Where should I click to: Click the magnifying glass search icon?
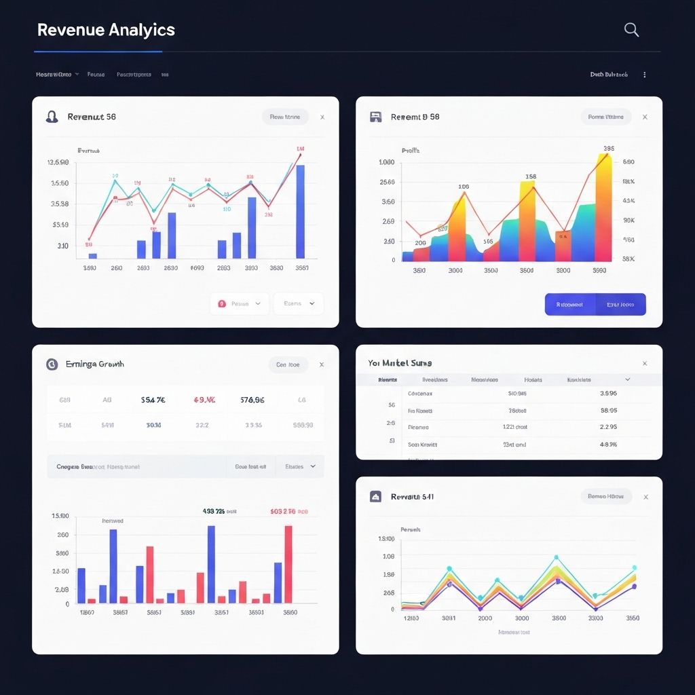click(x=631, y=30)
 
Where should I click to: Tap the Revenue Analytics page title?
click(x=106, y=30)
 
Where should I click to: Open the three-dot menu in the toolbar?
click(x=644, y=75)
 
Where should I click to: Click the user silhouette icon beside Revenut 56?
click(x=52, y=117)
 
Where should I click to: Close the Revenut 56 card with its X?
click(x=322, y=117)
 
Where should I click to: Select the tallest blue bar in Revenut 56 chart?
click(x=300, y=211)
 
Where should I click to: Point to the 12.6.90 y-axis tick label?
click(x=58, y=163)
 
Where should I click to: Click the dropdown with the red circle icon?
click(x=240, y=304)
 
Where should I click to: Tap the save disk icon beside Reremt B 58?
click(x=375, y=117)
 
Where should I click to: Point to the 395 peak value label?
click(x=609, y=149)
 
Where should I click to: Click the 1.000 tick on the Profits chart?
click(x=387, y=163)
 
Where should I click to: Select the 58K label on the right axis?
click(x=628, y=259)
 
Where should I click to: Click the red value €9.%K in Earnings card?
click(x=204, y=400)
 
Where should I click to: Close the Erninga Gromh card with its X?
click(x=322, y=364)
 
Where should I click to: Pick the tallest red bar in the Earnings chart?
click(x=288, y=564)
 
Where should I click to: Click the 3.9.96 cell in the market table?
click(x=608, y=393)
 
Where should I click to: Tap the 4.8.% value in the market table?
click(x=608, y=445)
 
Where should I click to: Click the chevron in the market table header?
click(x=627, y=379)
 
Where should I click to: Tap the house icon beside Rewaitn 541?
click(x=375, y=497)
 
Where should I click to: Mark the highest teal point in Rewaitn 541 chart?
click(x=556, y=557)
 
